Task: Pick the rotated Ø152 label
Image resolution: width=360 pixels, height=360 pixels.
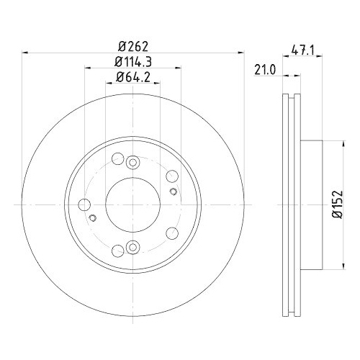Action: click(x=336, y=204)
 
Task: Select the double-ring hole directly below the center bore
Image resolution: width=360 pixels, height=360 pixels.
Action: click(x=132, y=248)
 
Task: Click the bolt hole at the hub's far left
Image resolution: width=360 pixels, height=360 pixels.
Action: click(x=84, y=205)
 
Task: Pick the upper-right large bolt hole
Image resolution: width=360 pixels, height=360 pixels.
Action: click(x=171, y=177)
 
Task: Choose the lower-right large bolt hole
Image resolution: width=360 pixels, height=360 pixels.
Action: click(x=171, y=233)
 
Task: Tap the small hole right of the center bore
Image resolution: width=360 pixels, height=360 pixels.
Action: click(x=174, y=192)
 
